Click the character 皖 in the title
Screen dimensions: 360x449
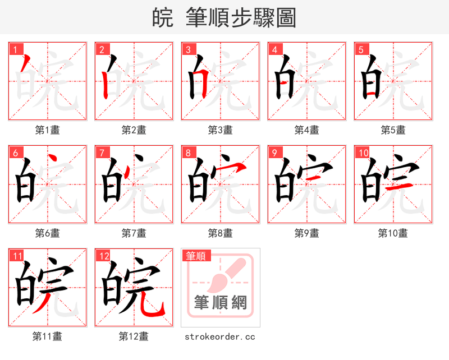click(162, 18)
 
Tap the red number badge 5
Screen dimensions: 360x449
click(361, 50)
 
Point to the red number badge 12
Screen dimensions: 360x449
click(103, 256)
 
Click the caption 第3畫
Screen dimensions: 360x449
click(220, 130)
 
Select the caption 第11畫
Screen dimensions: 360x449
click(47, 336)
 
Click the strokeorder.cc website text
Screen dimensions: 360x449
click(220, 336)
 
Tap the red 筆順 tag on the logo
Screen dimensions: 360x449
click(196, 256)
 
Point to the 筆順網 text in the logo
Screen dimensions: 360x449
click(220, 303)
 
